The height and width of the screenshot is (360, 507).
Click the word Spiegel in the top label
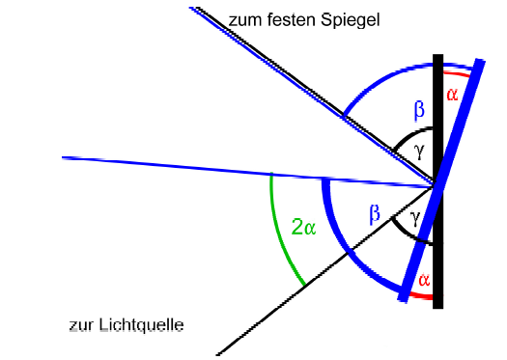click(351, 20)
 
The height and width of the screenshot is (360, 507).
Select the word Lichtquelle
click(141, 325)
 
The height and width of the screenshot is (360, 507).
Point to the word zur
click(81, 326)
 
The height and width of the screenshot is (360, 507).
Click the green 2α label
click(303, 227)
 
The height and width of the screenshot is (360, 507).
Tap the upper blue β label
click(419, 111)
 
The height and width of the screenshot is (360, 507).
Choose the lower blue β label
click(375, 214)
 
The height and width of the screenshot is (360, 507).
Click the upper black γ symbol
click(419, 152)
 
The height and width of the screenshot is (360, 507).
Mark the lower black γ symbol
click(415, 218)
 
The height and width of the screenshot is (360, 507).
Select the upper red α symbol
click(452, 95)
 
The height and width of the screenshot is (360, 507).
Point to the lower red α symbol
click(424, 280)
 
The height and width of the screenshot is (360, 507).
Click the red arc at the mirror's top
click(456, 74)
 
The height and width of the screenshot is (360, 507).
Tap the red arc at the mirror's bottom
click(421, 295)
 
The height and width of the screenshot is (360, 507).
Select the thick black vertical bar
click(438, 181)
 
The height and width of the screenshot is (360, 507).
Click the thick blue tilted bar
click(441, 180)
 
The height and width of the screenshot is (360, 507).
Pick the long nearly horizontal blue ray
click(247, 172)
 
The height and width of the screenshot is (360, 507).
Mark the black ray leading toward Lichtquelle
click(324, 270)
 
